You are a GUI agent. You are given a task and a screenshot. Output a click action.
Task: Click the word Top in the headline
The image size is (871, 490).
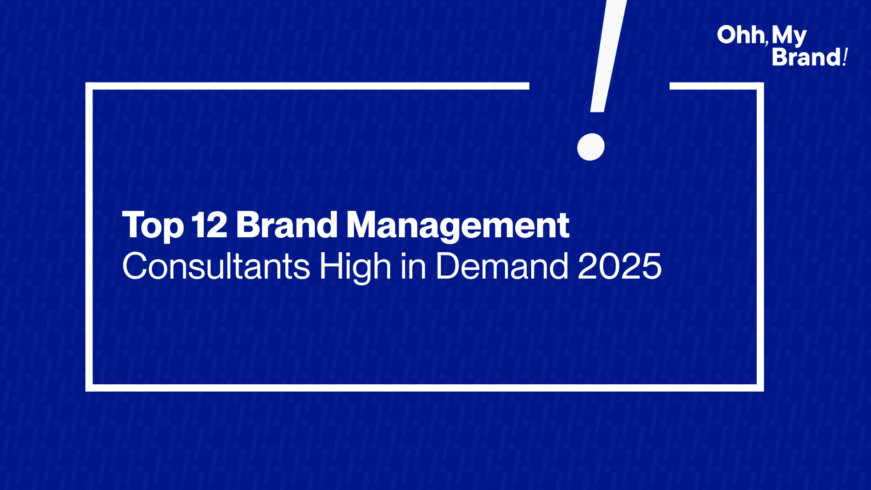[153, 225]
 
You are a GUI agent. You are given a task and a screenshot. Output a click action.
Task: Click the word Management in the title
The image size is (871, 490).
[458, 226]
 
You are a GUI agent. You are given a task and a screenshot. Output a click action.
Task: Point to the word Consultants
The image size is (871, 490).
[216, 266]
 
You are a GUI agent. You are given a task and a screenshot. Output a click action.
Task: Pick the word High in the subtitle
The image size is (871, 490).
[355, 268]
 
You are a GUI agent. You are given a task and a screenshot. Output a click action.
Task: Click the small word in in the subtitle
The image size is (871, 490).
[413, 266]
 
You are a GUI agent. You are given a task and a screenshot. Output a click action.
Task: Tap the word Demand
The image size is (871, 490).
[502, 266]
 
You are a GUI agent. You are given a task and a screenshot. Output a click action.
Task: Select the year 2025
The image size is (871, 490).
[620, 266]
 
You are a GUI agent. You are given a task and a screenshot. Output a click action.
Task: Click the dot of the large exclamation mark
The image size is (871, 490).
[591, 147]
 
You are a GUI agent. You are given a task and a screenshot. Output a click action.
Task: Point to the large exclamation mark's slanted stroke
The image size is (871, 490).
[608, 56]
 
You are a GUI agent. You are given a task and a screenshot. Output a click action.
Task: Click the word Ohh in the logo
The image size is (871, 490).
[741, 35]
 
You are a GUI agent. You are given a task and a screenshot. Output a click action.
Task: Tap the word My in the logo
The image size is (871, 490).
[789, 36]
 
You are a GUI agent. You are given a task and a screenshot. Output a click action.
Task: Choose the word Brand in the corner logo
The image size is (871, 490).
[807, 58]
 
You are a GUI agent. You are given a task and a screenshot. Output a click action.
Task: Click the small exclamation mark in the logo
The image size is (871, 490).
[845, 58]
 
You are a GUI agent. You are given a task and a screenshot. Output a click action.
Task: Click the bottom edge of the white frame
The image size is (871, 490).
[425, 388]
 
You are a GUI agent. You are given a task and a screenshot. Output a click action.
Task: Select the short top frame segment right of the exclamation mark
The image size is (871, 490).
[717, 86]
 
